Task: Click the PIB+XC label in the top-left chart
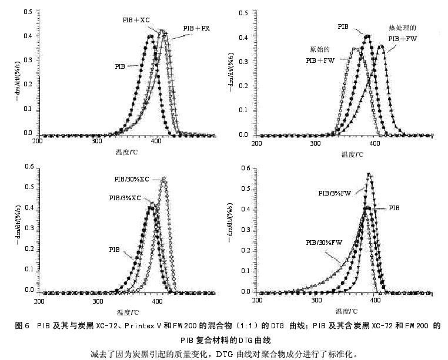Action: (136, 20)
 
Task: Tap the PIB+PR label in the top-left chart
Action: (195, 28)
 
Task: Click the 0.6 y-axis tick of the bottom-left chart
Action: (27, 167)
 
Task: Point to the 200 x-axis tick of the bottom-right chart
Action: (257, 300)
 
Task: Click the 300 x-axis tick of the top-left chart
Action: (97, 143)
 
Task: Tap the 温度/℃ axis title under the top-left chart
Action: (127, 152)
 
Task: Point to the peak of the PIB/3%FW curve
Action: (369, 174)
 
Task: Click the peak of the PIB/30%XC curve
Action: (163, 178)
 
